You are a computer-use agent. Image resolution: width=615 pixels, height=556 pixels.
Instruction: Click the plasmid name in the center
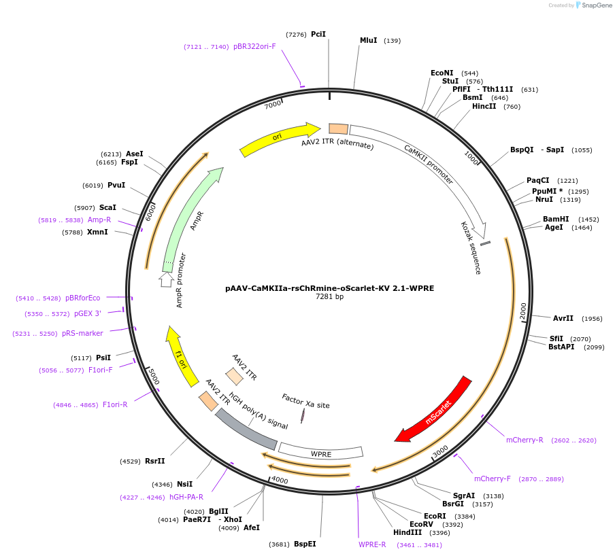tap(329, 288)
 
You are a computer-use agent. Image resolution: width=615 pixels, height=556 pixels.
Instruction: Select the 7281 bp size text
tap(329, 297)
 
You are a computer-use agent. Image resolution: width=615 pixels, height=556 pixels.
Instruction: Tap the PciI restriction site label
tap(318, 34)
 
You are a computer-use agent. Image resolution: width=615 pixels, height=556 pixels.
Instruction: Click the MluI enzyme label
tap(368, 41)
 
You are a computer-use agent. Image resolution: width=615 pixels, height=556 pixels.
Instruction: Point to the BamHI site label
tap(556, 219)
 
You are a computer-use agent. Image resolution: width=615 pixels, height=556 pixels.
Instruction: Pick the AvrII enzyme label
tap(563, 318)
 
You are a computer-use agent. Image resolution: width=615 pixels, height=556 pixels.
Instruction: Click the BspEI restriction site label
tap(305, 544)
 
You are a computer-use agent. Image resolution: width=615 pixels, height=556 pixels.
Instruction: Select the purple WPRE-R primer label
tap(372, 544)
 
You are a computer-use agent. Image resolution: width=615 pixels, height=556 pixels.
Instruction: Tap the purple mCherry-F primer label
tap(492, 479)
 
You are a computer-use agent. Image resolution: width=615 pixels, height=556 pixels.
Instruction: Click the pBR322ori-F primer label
tap(254, 47)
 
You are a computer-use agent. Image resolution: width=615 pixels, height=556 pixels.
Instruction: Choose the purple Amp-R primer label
tap(99, 220)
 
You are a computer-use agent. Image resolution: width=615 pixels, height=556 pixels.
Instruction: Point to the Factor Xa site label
tap(305, 400)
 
